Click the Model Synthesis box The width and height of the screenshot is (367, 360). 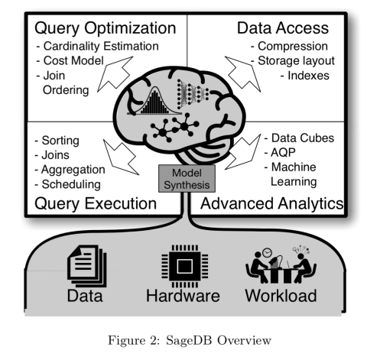[187, 179]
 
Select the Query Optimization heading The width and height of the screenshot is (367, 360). [106, 28]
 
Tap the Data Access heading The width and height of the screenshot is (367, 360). [283, 28]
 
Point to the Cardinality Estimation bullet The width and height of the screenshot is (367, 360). [98, 47]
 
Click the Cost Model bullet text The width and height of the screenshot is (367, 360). [70, 61]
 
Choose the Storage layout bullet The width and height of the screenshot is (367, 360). [293, 61]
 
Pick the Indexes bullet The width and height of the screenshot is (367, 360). [305, 76]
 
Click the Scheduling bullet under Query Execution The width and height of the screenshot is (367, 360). [68, 185]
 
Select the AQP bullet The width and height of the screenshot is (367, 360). [280, 153]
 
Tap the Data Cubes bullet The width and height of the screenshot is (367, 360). [299, 138]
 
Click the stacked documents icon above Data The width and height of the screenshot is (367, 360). [87, 266]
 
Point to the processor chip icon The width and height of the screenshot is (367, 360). [185, 266]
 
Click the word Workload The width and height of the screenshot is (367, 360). [281, 296]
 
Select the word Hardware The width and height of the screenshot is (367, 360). [183, 296]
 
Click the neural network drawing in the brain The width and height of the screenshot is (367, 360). [193, 94]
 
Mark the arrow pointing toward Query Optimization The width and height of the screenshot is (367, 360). [115, 74]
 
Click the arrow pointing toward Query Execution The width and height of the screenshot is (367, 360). [120, 157]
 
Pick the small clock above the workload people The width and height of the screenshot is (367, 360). [267, 252]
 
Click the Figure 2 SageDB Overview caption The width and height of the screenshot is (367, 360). [190, 340]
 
